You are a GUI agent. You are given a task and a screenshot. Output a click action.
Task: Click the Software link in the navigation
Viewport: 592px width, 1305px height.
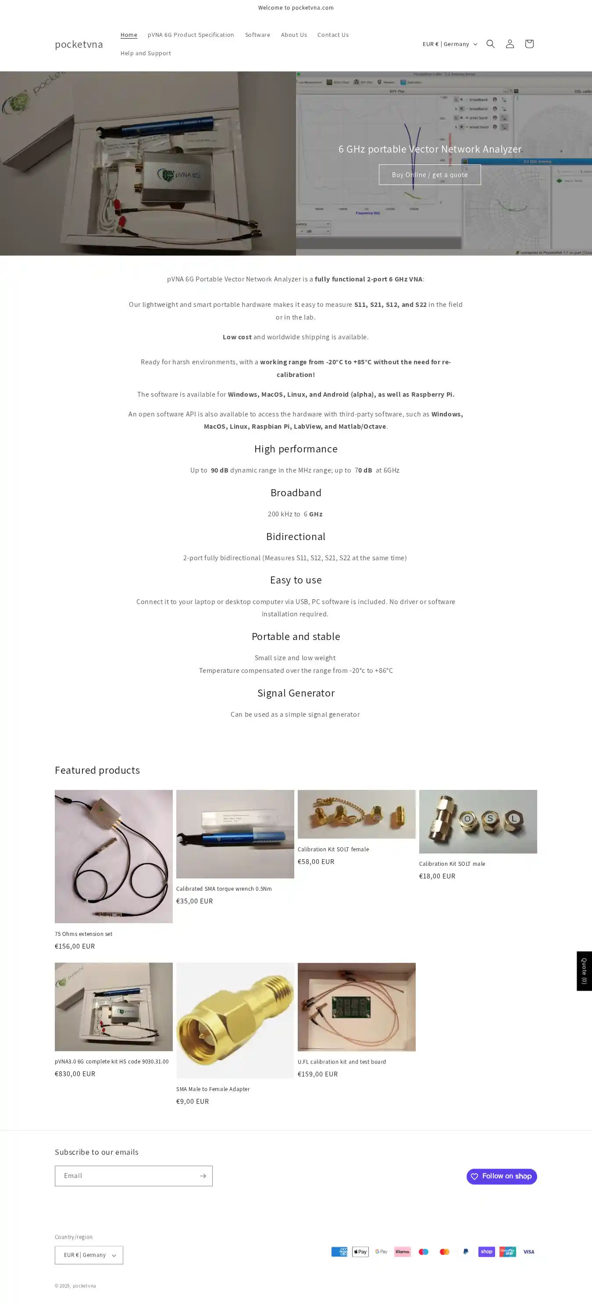(257, 35)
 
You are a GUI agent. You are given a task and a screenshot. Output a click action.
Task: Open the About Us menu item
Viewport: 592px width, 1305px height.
(293, 35)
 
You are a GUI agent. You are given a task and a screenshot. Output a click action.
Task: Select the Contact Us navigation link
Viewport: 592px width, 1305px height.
(332, 35)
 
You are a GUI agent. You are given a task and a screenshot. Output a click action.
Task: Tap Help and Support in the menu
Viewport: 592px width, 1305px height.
(146, 53)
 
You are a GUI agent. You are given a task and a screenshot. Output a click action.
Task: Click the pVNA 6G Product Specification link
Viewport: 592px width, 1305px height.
(191, 35)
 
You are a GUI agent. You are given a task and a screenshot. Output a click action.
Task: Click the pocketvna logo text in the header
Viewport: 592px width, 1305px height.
(78, 44)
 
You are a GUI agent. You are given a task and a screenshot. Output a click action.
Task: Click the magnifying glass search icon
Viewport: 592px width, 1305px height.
(490, 44)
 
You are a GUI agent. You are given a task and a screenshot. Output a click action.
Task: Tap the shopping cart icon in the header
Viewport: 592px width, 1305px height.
(529, 44)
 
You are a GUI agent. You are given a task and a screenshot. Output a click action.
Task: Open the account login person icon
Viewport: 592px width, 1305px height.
(510, 44)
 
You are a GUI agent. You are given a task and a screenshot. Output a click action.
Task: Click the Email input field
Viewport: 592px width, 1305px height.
(126, 1176)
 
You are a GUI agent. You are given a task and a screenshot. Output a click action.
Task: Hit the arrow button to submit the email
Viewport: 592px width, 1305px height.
(202, 1176)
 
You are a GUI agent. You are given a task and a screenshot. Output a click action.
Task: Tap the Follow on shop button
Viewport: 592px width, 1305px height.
(501, 1176)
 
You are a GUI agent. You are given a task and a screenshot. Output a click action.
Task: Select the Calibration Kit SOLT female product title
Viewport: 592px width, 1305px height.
(333, 849)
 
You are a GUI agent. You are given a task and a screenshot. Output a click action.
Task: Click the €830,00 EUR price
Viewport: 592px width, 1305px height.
(75, 1074)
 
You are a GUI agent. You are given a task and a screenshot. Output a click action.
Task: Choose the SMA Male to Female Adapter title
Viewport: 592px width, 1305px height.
(213, 1089)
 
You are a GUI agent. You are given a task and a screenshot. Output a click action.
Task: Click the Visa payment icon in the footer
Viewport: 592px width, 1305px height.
(528, 1252)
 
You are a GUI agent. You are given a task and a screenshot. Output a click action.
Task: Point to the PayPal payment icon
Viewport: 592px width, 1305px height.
(465, 1252)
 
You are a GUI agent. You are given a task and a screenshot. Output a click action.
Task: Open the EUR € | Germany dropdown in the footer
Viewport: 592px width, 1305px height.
(89, 1255)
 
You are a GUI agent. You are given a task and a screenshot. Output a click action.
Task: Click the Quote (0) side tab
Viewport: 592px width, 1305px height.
(584, 971)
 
